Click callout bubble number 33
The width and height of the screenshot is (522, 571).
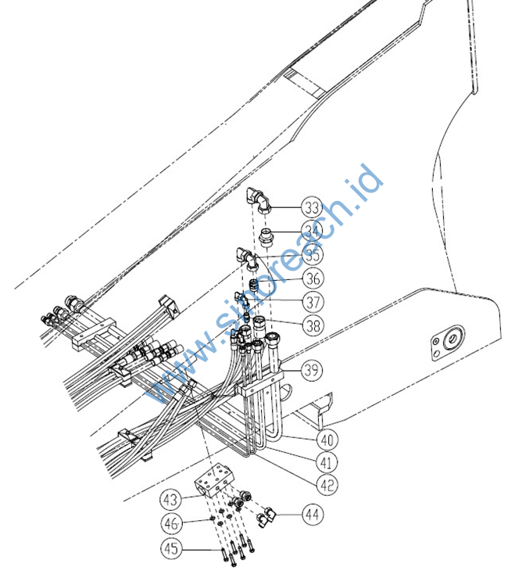coord(312,207)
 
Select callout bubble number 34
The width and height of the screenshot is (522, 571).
coord(312,232)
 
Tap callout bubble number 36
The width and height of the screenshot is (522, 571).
coord(313,278)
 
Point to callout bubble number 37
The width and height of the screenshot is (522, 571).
coord(313,302)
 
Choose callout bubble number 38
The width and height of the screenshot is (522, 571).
coord(313,325)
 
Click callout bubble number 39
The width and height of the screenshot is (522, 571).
coord(312,370)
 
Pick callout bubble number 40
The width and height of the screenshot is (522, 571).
coord(327,440)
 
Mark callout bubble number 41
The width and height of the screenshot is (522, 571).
coord(327,462)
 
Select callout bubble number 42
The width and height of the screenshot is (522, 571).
coord(327,485)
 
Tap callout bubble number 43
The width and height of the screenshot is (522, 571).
coord(170,500)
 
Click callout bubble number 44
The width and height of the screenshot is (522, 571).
coord(313,515)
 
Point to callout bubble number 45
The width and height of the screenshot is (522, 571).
coord(171,548)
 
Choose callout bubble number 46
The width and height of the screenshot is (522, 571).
coord(171,523)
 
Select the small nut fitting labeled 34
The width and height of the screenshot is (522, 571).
coord(266,237)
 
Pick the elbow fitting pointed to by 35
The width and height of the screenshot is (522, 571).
coord(248,259)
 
